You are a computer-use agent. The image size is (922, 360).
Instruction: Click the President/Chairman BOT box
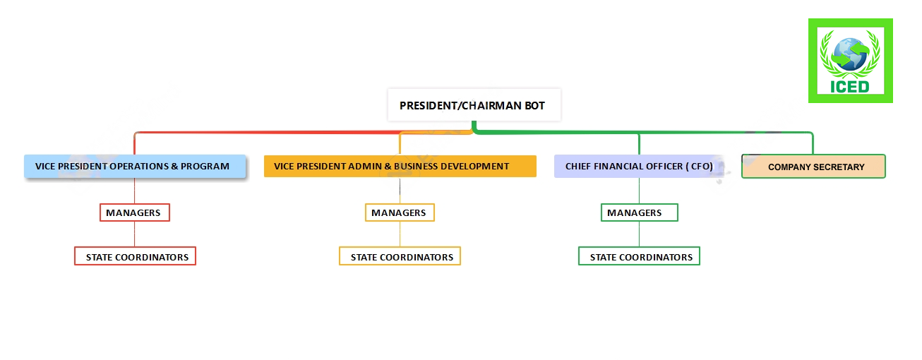click(x=474, y=105)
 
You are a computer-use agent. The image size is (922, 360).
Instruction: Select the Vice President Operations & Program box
click(x=135, y=166)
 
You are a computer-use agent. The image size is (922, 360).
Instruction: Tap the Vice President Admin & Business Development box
click(x=400, y=166)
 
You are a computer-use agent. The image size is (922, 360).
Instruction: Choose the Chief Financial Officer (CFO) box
click(x=639, y=166)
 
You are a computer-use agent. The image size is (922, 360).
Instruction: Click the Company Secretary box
click(x=813, y=166)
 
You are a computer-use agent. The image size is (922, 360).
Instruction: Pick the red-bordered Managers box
click(x=135, y=212)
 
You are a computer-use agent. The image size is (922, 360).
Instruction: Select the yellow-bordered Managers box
click(x=400, y=212)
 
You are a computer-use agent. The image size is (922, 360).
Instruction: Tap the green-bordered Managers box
click(x=639, y=212)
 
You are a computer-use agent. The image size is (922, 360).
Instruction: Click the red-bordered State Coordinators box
click(x=135, y=256)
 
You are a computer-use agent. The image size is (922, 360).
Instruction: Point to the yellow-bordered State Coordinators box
click(x=400, y=256)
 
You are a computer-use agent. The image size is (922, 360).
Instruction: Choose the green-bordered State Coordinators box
click(x=639, y=256)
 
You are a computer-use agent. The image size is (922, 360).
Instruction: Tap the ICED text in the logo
click(x=849, y=87)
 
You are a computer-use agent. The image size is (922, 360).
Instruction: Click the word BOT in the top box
click(x=534, y=106)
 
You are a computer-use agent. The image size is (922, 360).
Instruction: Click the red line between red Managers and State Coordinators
click(x=135, y=234)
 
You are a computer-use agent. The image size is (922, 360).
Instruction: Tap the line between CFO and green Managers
click(x=639, y=191)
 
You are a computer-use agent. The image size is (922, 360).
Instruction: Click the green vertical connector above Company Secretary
click(x=813, y=144)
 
